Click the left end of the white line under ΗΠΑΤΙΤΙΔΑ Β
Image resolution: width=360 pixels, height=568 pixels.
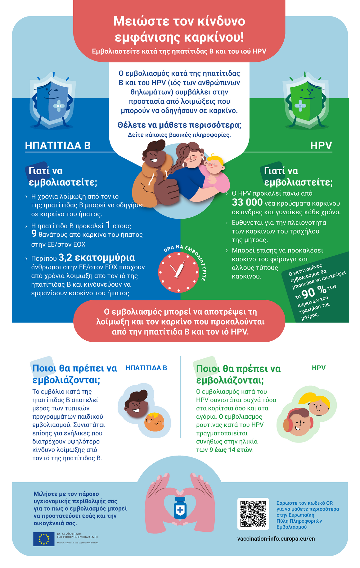pyautogui.click(x=25, y=152)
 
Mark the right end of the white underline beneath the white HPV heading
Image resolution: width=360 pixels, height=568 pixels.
pyautogui.click(x=332, y=152)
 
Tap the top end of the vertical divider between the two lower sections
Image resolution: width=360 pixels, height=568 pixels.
pyautogui.click(x=180, y=357)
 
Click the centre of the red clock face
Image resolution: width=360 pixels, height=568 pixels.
pyautogui.click(x=178, y=272)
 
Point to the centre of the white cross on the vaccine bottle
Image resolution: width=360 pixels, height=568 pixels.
pyautogui.click(x=180, y=510)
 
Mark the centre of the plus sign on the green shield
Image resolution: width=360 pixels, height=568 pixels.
pyautogui.click(x=300, y=106)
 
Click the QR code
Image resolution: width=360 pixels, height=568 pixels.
pyautogui.click(x=253, y=514)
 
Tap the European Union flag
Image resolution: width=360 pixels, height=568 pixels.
pyautogui.click(x=44, y=539)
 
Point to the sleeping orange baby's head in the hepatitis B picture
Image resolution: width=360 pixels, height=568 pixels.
pyautogui.click(x=155, y=422)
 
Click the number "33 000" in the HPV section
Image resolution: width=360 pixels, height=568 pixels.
pyautogui.click(x=247, y=202)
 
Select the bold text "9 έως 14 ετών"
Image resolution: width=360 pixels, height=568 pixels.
pyautogui.click(x=231, y=450)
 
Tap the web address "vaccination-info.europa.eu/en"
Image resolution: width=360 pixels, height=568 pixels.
pyautogui.click(x=276, y=538)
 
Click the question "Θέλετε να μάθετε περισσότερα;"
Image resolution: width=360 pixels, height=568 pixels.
pyautogui.click(x=179, y=125)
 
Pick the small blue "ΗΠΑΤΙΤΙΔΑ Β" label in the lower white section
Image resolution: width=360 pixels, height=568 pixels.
pyautogui.click(x=146, y=368)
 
